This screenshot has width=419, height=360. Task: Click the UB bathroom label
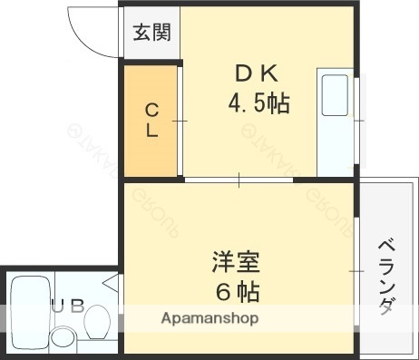(68, 306)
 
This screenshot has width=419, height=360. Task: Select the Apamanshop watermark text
(209, 318)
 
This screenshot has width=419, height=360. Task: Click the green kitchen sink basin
(335, 95)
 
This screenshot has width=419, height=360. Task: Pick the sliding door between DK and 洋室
(239, 180)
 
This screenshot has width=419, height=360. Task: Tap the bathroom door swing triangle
(111, 282)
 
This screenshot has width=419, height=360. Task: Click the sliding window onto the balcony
(355, 270)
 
